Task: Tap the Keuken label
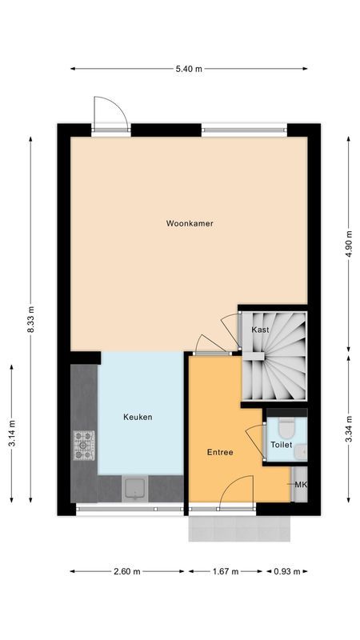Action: tap(138, 417)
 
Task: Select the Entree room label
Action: tap(219, 452)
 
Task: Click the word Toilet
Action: tap(281, 445)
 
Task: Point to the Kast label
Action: tap(260, 330)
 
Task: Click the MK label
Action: tap(301, 486)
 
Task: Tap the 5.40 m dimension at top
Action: tap(189, 69)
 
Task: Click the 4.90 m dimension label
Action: tap(348, 242)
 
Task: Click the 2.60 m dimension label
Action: tap(126, 572)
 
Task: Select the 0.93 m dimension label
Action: tap(286, 572)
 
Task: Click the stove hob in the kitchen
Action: tap(84, 446)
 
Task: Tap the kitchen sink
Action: tap(134, 487)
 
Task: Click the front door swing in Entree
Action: tap(238, 490)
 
